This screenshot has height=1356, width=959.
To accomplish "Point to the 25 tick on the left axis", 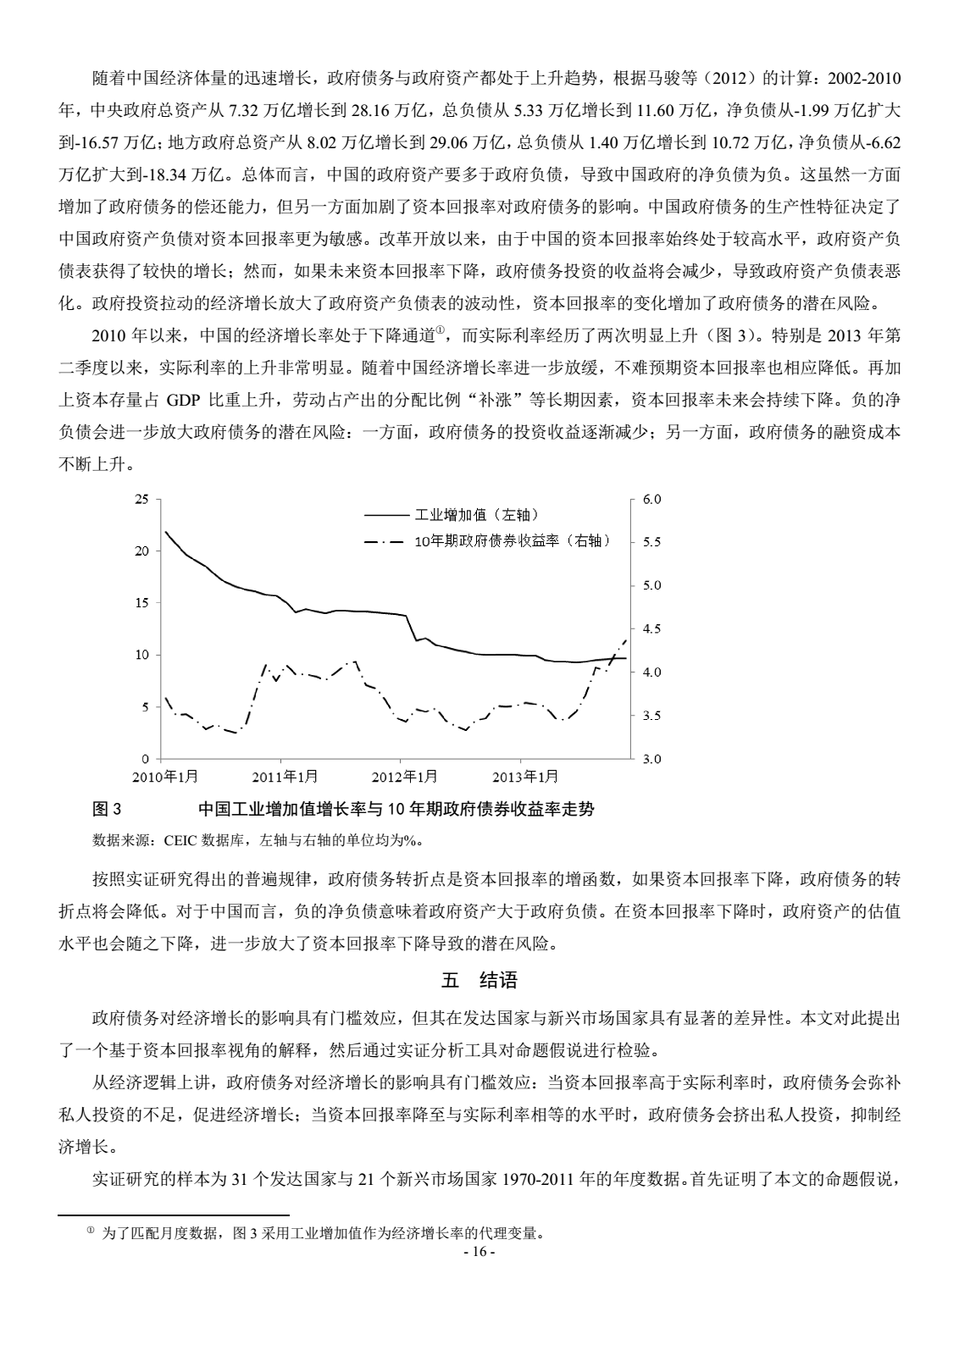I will point(141,499).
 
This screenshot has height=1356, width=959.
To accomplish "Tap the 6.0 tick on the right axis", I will point(651,499).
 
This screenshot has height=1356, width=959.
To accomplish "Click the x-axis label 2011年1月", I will point(285,776).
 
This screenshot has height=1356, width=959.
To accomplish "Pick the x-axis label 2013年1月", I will point(525,776).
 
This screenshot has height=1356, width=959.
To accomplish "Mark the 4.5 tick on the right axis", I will point(651,628).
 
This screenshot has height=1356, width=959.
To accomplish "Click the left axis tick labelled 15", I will point(141,603).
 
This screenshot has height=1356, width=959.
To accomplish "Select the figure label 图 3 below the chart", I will point(107,810).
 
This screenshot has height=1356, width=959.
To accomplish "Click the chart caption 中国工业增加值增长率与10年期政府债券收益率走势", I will point(396,810).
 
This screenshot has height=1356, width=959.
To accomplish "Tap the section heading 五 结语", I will point(479,981).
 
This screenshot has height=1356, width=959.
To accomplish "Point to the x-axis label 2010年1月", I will point(164,776).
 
